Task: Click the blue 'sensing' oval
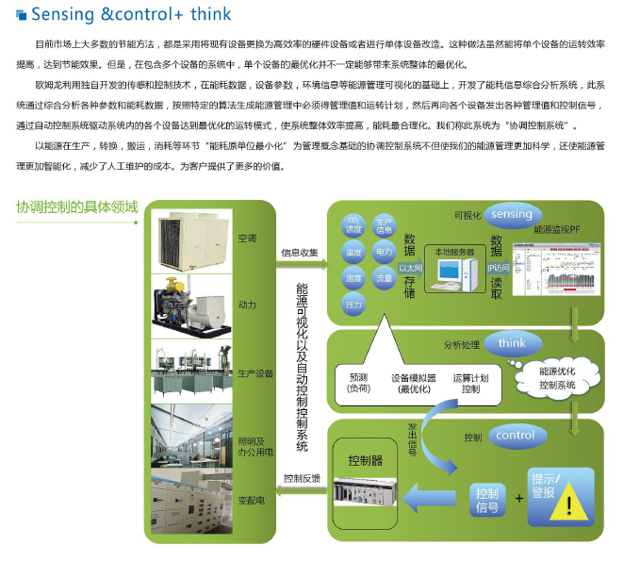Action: pos(512,214)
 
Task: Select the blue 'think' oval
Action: pos(512,343)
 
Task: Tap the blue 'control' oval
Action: pos(515,436)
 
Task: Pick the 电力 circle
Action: pos(384,253)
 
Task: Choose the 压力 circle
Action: pos(354,304)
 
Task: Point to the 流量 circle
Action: pos(384,278)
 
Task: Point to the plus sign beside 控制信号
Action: pos(517,497)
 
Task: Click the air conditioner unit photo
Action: pos(193,238)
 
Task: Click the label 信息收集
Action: pos(300,253)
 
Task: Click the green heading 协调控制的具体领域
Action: pos(77,207)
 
